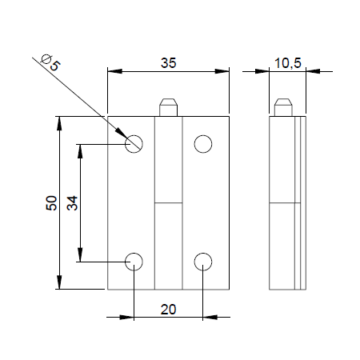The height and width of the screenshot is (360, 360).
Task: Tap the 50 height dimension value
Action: [50, 203]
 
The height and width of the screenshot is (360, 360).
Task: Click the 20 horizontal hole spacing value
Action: [169, 308]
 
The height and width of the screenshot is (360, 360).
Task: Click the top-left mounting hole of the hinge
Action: [134, 143]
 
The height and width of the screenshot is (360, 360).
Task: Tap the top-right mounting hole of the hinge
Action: [203, 143]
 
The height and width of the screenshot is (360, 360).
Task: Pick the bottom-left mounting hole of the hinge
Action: [134, 262]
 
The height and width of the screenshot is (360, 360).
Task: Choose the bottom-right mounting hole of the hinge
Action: [203, 262]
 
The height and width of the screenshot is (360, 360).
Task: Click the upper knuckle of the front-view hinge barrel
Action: [169, 160]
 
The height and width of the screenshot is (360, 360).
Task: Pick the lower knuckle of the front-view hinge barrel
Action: [169, 245]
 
